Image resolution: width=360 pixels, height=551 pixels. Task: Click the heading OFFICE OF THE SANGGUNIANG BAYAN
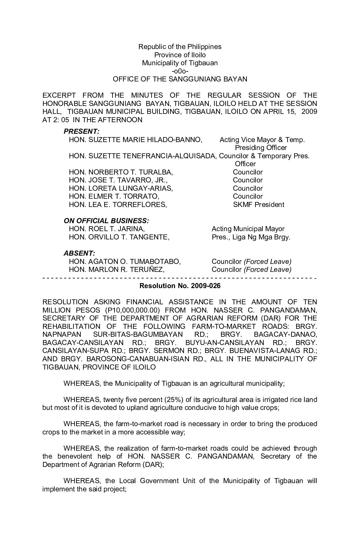pos(180,79)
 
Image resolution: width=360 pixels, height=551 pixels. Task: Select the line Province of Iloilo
pos(180,55)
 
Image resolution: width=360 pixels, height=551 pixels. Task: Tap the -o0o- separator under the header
pos(180,71)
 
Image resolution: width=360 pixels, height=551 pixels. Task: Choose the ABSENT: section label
pos(79,253)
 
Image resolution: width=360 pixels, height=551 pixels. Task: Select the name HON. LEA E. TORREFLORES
pos(118,205)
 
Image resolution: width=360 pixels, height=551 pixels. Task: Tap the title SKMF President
pos(258,205)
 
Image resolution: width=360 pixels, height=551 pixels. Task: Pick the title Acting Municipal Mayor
pos(248,229)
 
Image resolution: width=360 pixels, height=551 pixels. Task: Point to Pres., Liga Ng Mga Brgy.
pos(251,237)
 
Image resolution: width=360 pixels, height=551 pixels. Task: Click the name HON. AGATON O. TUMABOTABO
pos(125,262)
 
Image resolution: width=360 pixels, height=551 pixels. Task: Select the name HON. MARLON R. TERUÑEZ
pos(117,270)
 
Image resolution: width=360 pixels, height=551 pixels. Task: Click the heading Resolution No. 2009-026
pos(180,286)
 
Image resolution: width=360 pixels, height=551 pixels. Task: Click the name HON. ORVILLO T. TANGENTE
pos(119,237)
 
